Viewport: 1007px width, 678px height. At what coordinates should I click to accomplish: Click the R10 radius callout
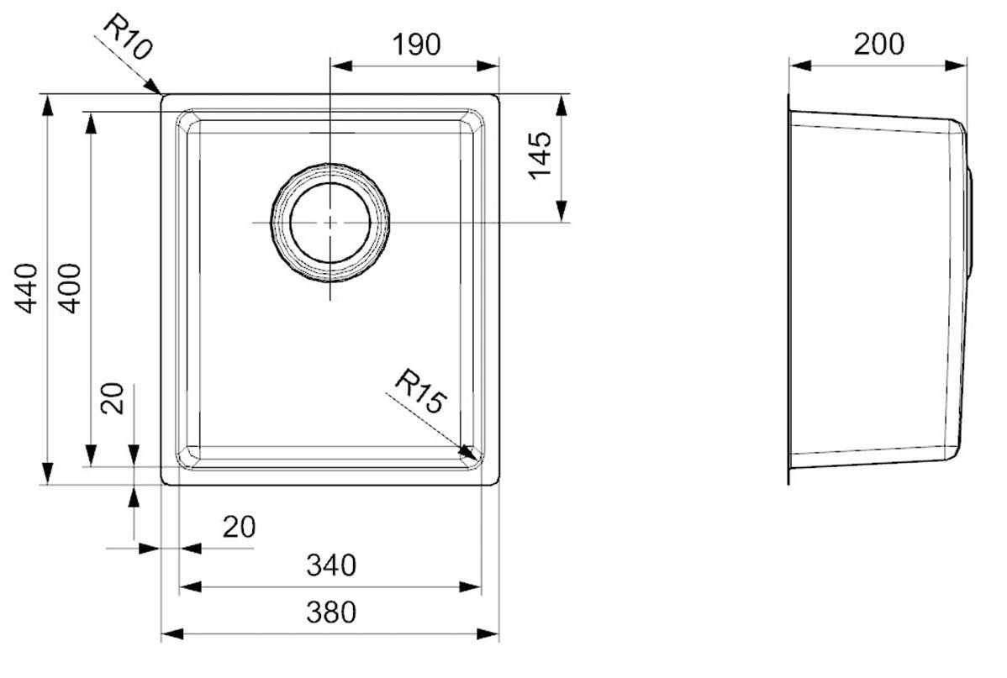tap(128, 37)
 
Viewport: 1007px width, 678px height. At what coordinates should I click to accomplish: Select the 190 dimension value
tap(416, 45)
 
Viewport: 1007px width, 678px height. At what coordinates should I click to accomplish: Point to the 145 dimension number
tap(540, 155)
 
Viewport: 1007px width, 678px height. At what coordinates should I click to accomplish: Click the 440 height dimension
tap(26, 288)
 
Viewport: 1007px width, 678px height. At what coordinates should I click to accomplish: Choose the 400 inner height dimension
tap(70, 288)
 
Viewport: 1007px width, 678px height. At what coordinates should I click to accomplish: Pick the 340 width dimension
tap(330, 565)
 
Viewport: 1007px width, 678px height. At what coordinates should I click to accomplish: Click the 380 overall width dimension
tap(330, 612)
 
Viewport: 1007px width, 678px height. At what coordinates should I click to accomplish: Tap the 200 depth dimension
tap(878, 45)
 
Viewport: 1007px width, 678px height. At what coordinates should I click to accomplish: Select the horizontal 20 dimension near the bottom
tap(239, 527)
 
